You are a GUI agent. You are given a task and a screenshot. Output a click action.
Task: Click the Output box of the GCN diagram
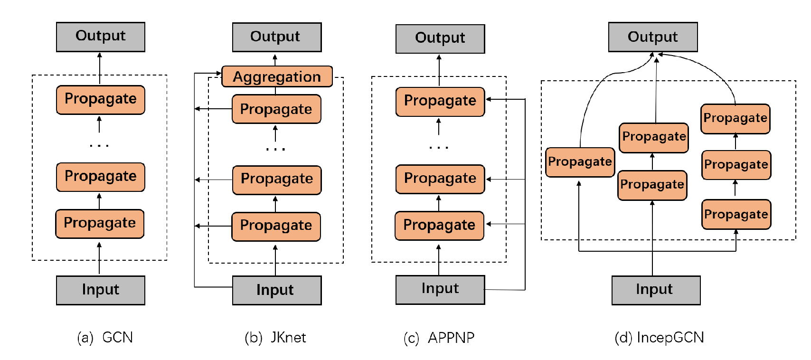tap(100, 37)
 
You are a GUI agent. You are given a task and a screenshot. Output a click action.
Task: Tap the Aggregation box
tap(277, 76)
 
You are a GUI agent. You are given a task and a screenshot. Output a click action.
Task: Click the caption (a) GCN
tap(105, 337)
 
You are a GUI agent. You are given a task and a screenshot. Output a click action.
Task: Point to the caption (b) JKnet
tap(275, 337)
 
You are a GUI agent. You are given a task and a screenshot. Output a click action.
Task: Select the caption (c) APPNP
tap(439, 338)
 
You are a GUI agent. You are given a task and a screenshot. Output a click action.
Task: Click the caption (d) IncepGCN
tap(659, 337)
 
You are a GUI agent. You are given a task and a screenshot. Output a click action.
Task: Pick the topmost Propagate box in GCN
tap(100, 99)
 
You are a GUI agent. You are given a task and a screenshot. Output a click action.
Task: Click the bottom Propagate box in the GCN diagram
tap(100, 223)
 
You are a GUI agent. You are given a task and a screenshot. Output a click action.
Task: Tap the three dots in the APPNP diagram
tap(438, 148)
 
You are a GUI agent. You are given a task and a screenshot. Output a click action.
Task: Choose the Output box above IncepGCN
tap(652, 37)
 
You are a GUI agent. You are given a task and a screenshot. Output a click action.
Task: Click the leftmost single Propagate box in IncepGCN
tap(580, 162)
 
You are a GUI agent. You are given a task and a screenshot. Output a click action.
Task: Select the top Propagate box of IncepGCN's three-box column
tap(735, 118)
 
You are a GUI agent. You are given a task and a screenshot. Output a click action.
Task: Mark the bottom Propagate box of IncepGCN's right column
tap(736, 214)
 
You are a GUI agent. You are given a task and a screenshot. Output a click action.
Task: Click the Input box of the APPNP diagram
tap(440, 289)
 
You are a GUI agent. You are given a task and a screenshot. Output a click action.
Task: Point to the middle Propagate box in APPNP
tap(440, 179)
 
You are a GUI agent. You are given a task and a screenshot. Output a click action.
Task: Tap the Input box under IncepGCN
tap(655, 290)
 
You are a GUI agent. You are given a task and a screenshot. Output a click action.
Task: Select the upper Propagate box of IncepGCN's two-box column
tap(653, 137)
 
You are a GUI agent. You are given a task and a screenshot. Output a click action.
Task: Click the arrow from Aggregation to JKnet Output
tap(275, 59)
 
